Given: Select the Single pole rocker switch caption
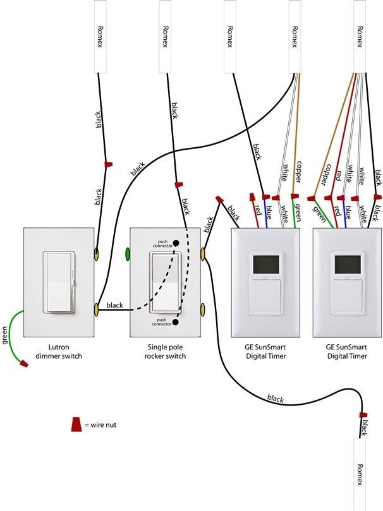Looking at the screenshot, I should pyautogui.click(x=167, y=352).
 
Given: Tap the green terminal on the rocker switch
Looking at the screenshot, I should pyautogui.click(x=128, y=255).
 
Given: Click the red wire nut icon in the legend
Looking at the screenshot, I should pyautogui.click(x=76, y=424).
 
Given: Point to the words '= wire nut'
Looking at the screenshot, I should pyautogui.click(x=100, y=425).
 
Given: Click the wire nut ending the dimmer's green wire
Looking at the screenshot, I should pyautogui.click(x=25, y=364).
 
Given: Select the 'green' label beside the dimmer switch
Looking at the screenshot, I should pyautogui.click(x=6, y=334).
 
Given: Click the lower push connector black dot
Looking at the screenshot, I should pyautogui.click(x=176, y=322).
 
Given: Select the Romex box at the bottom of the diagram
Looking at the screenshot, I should pyautogui.click(x=360, y=474).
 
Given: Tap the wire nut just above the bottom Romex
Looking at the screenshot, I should pyautogui.click(x=363, y=415).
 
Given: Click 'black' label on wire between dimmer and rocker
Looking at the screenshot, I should pyautogui.click(x=114, y=306).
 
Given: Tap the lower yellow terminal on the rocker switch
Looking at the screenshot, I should pyautogui.click(x=204, y=309).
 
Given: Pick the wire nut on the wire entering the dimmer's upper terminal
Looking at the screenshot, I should pyautogui.click(x=108, y=164).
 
